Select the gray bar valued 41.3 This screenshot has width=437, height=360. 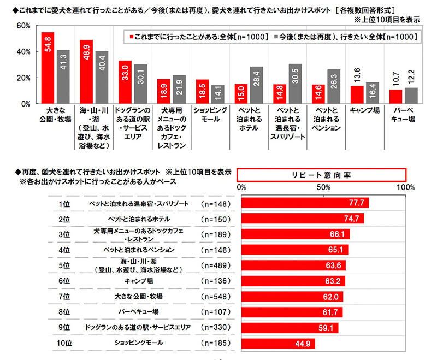(63, 76)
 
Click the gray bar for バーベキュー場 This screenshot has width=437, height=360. (411, 96)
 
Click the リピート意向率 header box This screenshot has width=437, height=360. (322, 174)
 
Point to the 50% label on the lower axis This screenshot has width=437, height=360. (323, 187)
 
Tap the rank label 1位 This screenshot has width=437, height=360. (64, 204)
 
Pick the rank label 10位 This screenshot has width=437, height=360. (64, 344)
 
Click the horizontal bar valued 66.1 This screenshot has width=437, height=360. (295, 235)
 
